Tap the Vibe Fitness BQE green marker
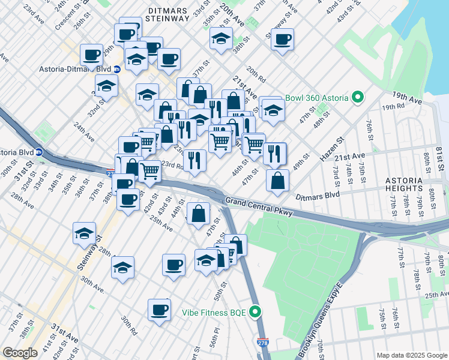click(256, 313)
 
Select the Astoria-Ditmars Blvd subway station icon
click(116, 69)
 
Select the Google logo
click(20, 353)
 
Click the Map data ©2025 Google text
click(411, 355)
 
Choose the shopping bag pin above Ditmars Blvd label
click(277, 181)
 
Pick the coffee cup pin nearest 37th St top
click(282, 40)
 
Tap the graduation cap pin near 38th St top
click(221, 39)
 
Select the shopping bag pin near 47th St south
click(198, 213)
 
